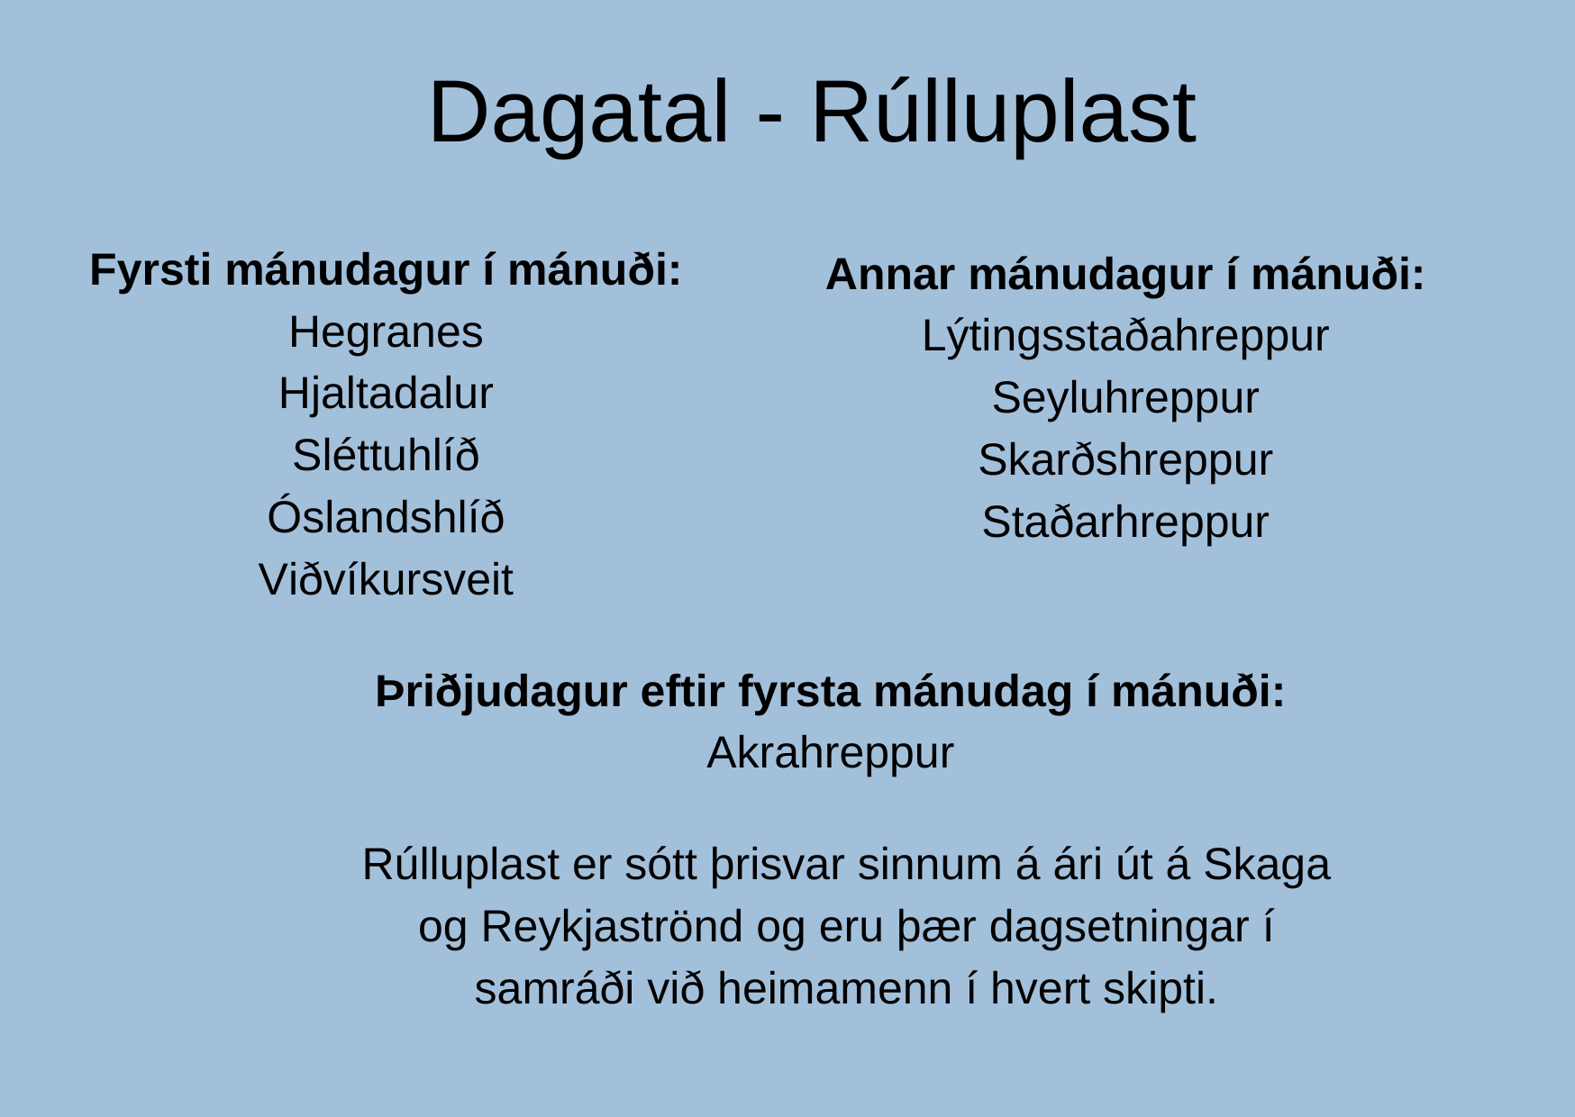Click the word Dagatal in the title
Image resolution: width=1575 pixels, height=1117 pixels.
coord(578,114)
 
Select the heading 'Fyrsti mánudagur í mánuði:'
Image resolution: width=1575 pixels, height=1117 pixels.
coord(386,270)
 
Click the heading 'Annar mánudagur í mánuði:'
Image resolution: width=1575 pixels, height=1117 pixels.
coord(1125,275)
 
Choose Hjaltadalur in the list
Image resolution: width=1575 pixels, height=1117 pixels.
coord(386,395)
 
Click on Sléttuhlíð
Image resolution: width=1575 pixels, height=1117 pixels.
coord(386,456)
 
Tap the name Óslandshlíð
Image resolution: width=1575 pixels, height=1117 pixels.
coord(386,517)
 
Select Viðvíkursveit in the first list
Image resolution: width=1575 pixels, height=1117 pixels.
coord(386,579)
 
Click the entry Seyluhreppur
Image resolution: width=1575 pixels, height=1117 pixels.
coord(1125,399)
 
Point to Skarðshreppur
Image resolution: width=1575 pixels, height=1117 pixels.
coord(1125,460)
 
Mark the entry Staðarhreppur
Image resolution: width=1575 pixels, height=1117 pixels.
coord(1125,522)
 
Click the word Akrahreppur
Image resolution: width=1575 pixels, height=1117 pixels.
coord(830,754)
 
